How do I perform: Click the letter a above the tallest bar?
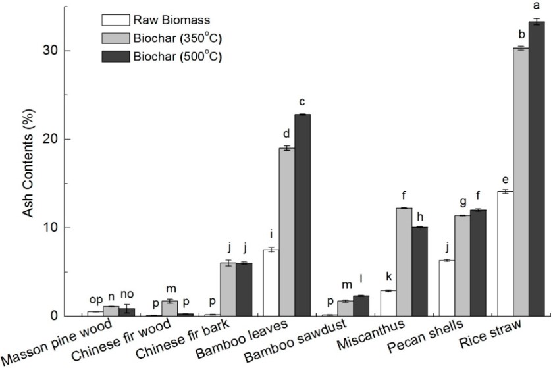tap(537, 7)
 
